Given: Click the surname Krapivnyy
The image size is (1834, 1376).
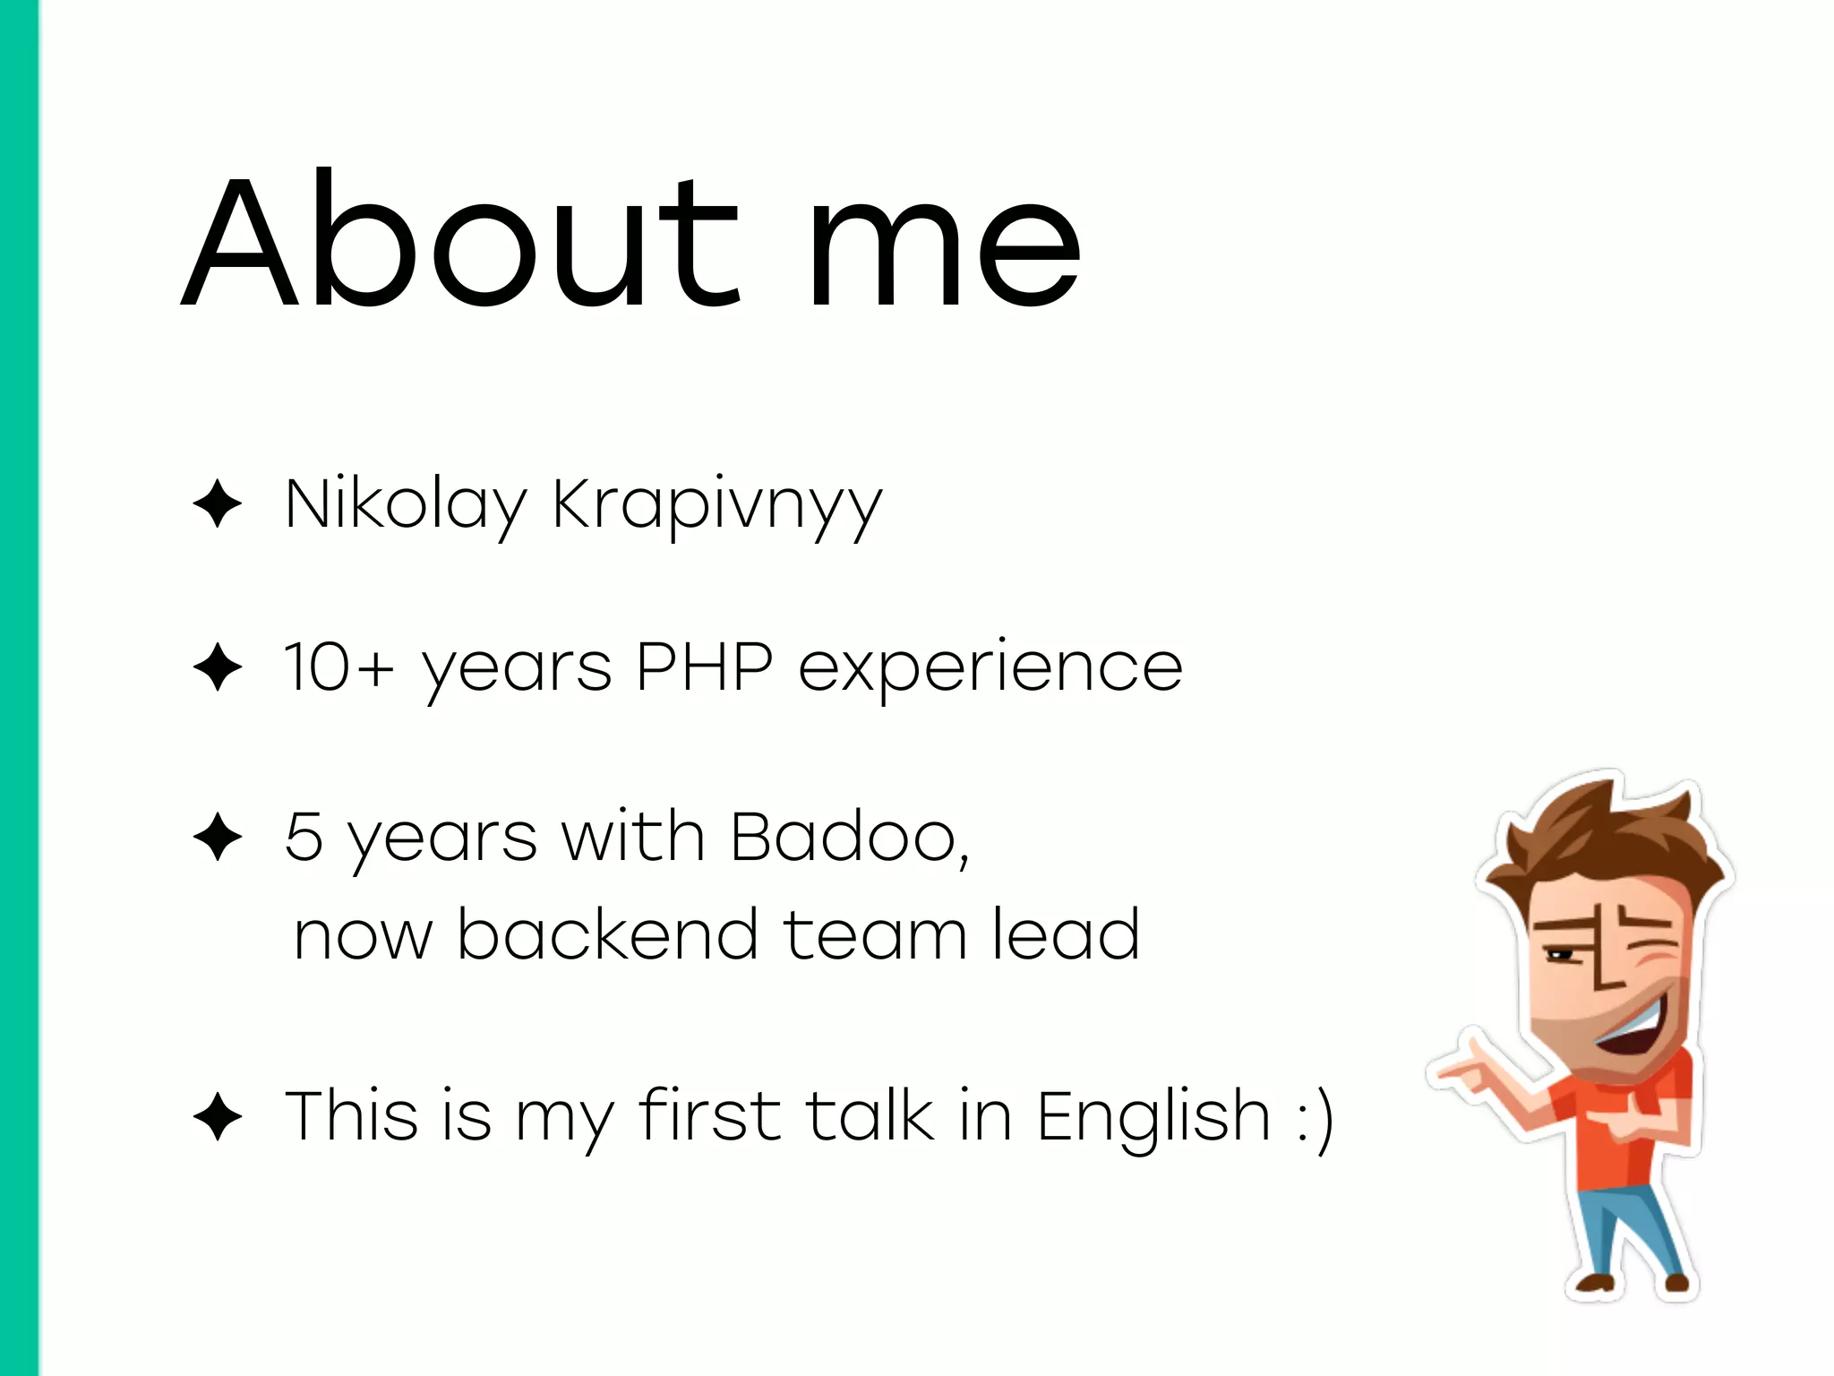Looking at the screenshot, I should coord(717,506).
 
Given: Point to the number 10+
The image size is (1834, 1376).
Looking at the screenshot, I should coord(339,667).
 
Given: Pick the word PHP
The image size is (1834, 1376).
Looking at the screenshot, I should coord(704,667).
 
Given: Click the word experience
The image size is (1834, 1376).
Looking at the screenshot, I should coord(990,670).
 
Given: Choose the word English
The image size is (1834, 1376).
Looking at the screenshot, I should coord(1153,1117).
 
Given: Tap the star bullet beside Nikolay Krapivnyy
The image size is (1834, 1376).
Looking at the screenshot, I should coord(218,503).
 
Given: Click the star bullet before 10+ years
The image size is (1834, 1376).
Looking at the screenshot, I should coord(218,667).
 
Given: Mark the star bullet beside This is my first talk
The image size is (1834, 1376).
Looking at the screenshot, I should coord(218,1117).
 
